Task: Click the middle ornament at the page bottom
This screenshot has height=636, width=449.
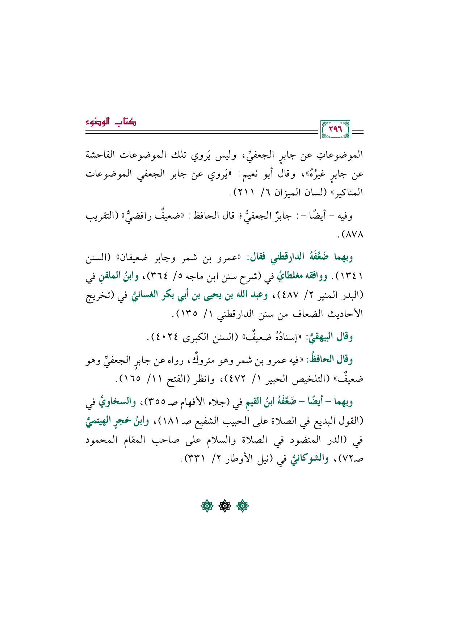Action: tap(224, 506)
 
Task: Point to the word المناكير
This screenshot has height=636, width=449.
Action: tap(345, 193)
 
